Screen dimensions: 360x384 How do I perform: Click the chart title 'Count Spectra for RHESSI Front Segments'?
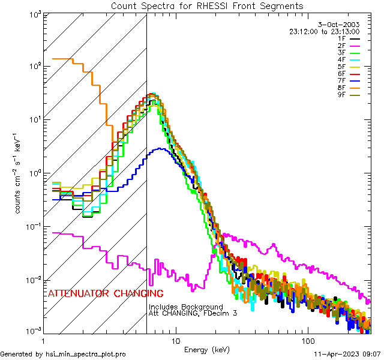coord(207,6)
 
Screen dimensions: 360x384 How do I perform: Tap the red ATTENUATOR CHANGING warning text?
coord(105,293)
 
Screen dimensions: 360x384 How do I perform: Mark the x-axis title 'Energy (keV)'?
coord(207,349)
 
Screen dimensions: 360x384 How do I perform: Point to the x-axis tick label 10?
coord(175,340)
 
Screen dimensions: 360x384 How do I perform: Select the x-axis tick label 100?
coord(307,340)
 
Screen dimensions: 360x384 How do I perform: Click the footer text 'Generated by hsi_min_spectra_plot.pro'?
coord(63,354)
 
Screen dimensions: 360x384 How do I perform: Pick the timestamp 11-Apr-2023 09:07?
coord(347,354)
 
